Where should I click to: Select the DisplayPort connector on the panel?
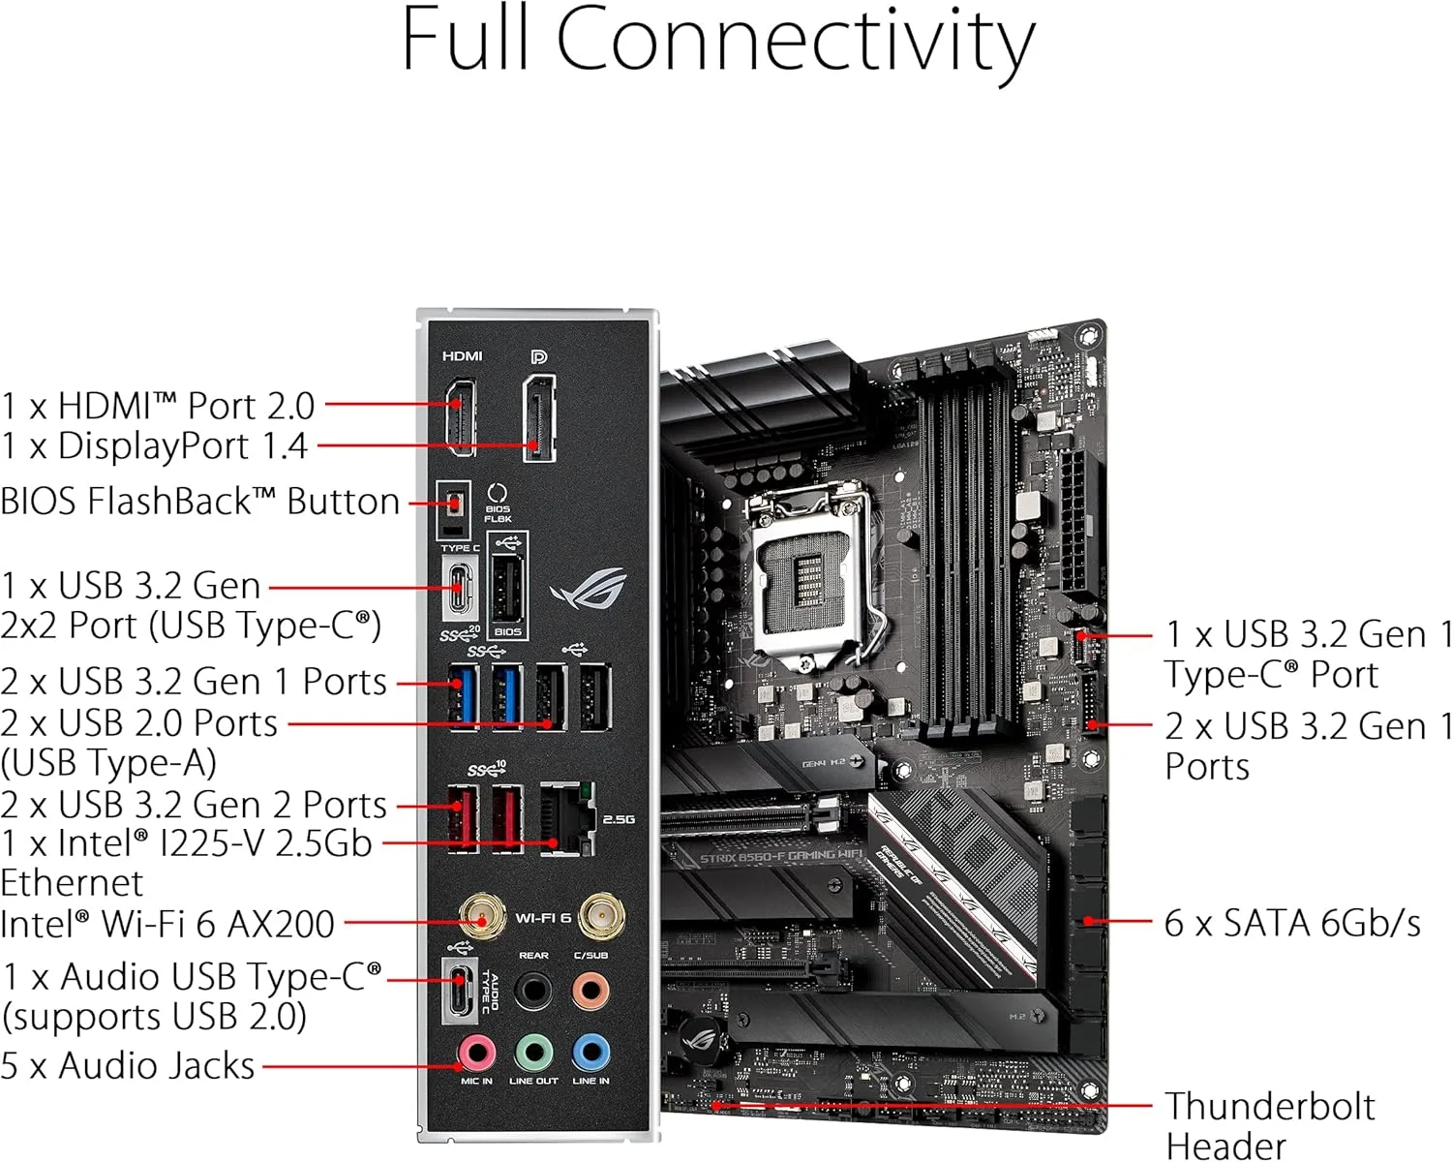pos(539,418)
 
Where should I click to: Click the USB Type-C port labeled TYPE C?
pos(460,588)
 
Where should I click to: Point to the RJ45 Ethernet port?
pos(564,819)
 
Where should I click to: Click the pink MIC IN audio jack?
pos(476,1052)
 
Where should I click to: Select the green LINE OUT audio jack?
pos(533,1052)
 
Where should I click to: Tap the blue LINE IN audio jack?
pos(590,1052)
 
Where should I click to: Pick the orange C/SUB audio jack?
pos(590,991)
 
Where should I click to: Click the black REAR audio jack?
pos(533,991)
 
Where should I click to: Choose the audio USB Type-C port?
pos(460,990)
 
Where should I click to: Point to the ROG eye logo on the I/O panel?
pos(589,589)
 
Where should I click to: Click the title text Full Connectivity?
pos(717,41)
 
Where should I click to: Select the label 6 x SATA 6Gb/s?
pos(1292,923)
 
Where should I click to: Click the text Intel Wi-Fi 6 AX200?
pos(167,924)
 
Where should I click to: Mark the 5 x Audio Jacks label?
pos(128,1065)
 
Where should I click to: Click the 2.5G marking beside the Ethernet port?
pos(619,819)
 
